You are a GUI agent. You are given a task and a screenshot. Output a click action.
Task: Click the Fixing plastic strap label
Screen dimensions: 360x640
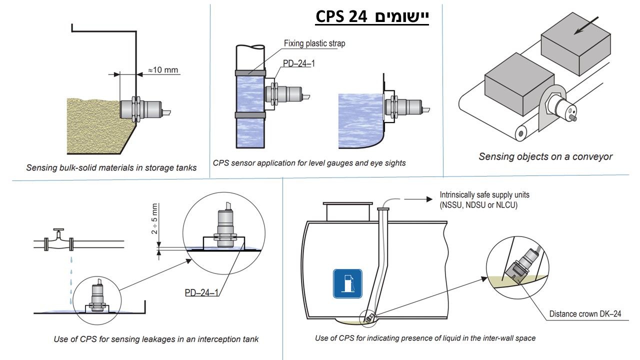(314, 43)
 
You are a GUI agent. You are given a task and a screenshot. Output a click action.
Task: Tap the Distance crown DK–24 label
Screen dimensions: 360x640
(585, 314)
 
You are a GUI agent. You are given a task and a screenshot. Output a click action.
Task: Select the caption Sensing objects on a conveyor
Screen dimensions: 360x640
(545, 156)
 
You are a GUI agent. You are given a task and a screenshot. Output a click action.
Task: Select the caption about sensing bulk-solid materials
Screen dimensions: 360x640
(111, 168)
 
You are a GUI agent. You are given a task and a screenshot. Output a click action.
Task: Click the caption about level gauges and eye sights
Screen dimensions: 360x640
(309, 162)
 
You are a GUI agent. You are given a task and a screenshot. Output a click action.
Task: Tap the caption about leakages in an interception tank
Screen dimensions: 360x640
(156, 339)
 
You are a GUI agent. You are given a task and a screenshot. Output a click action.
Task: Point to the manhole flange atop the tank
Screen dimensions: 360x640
(346, 204)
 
